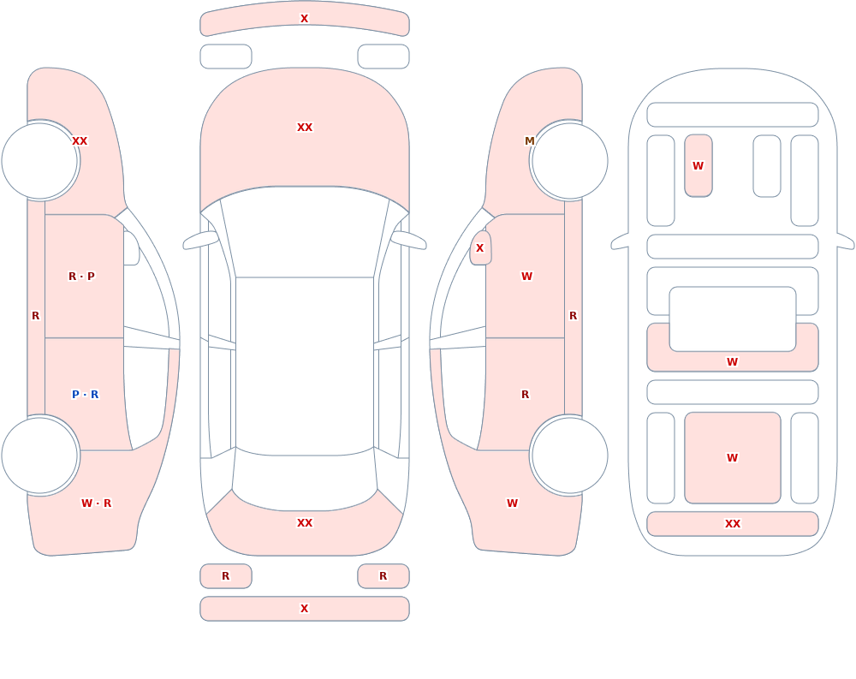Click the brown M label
[x=529, y=141]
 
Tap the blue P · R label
[x=85, y=395]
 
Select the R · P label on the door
[x=81, y=277]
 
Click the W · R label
[x=96, y=503]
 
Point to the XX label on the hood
[x=305, y=128]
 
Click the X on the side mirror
[x=480, y=248]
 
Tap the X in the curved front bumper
[x=305, y=19]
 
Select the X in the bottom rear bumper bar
[x=305, y=609]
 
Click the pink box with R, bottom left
[x=226, y=576]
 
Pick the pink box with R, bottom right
[x=383, y=576]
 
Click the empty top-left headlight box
[x=226, y=57]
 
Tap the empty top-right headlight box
[x=383, y=57]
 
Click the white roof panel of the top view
[x=305, y=366]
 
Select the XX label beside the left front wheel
[x=80, y=141]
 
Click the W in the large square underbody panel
[x=732, y=458]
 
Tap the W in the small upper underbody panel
[x=698, y=166]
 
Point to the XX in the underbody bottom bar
[x=733, y=524]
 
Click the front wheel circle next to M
[x=569, y=161]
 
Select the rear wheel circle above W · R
[x=40, y=456]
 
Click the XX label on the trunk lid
[x=305, y=523]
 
